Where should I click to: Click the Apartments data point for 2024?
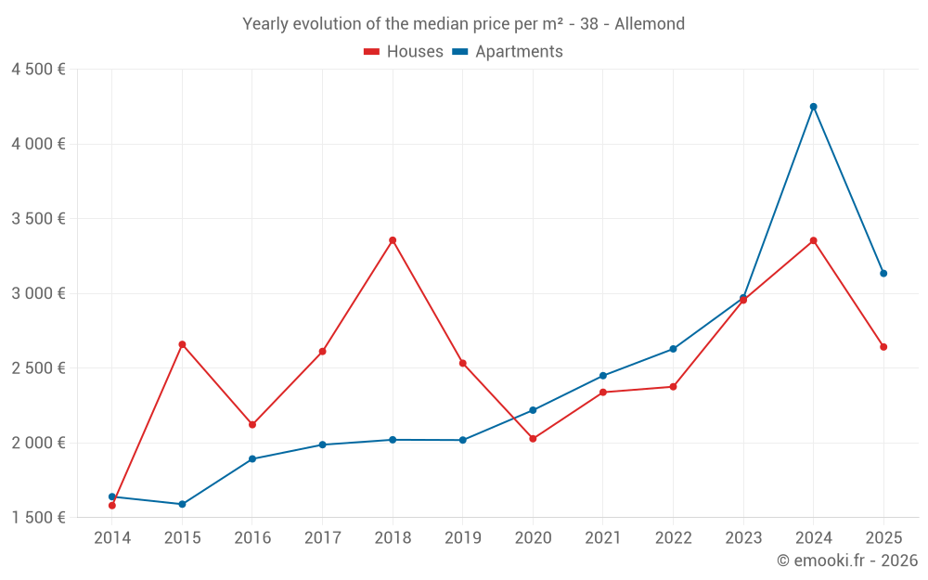[x=813, y=107]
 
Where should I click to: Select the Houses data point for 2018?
[x=393, y=240]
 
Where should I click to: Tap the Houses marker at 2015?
[x=182, y=344]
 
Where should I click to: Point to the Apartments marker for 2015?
[x=182, y=504]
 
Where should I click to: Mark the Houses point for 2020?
[x=533, y=438]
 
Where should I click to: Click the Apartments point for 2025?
[x=883, y=273]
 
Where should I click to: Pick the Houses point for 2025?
[x=883, y=347]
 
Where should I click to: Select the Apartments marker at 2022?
[x=673, y=349]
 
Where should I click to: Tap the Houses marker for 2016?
[x=252, y=424]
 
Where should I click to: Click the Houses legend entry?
[x=404, y=52]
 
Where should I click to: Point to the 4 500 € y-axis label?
[x=38, y=70]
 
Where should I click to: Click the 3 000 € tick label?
[x=38, y=293]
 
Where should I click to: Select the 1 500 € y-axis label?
[x=38, y=517]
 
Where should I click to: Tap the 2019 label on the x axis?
[x=462, y=537]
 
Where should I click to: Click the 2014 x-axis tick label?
[x=112, y=537]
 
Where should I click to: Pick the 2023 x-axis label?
[x=743, y=537]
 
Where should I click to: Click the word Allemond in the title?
[x=651, y=24]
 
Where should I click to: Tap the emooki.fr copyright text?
[x=846, y=561]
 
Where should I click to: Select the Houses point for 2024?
[x=813, y=240]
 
